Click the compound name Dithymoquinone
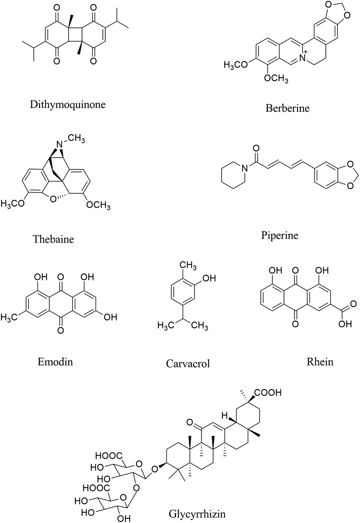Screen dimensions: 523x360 pos(67,104)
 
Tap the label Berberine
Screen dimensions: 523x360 pos(287,108)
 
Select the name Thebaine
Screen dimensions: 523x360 pos(53,239)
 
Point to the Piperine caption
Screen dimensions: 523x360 pos(279,236)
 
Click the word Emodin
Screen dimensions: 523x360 pos(55,362)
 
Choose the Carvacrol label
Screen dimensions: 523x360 pos(188,364)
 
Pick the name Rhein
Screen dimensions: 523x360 pos(320,362)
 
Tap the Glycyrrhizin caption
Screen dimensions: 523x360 pos(197,514)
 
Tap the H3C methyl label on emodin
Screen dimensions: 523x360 pos(9,318)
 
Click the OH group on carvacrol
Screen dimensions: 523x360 pos(209,278)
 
